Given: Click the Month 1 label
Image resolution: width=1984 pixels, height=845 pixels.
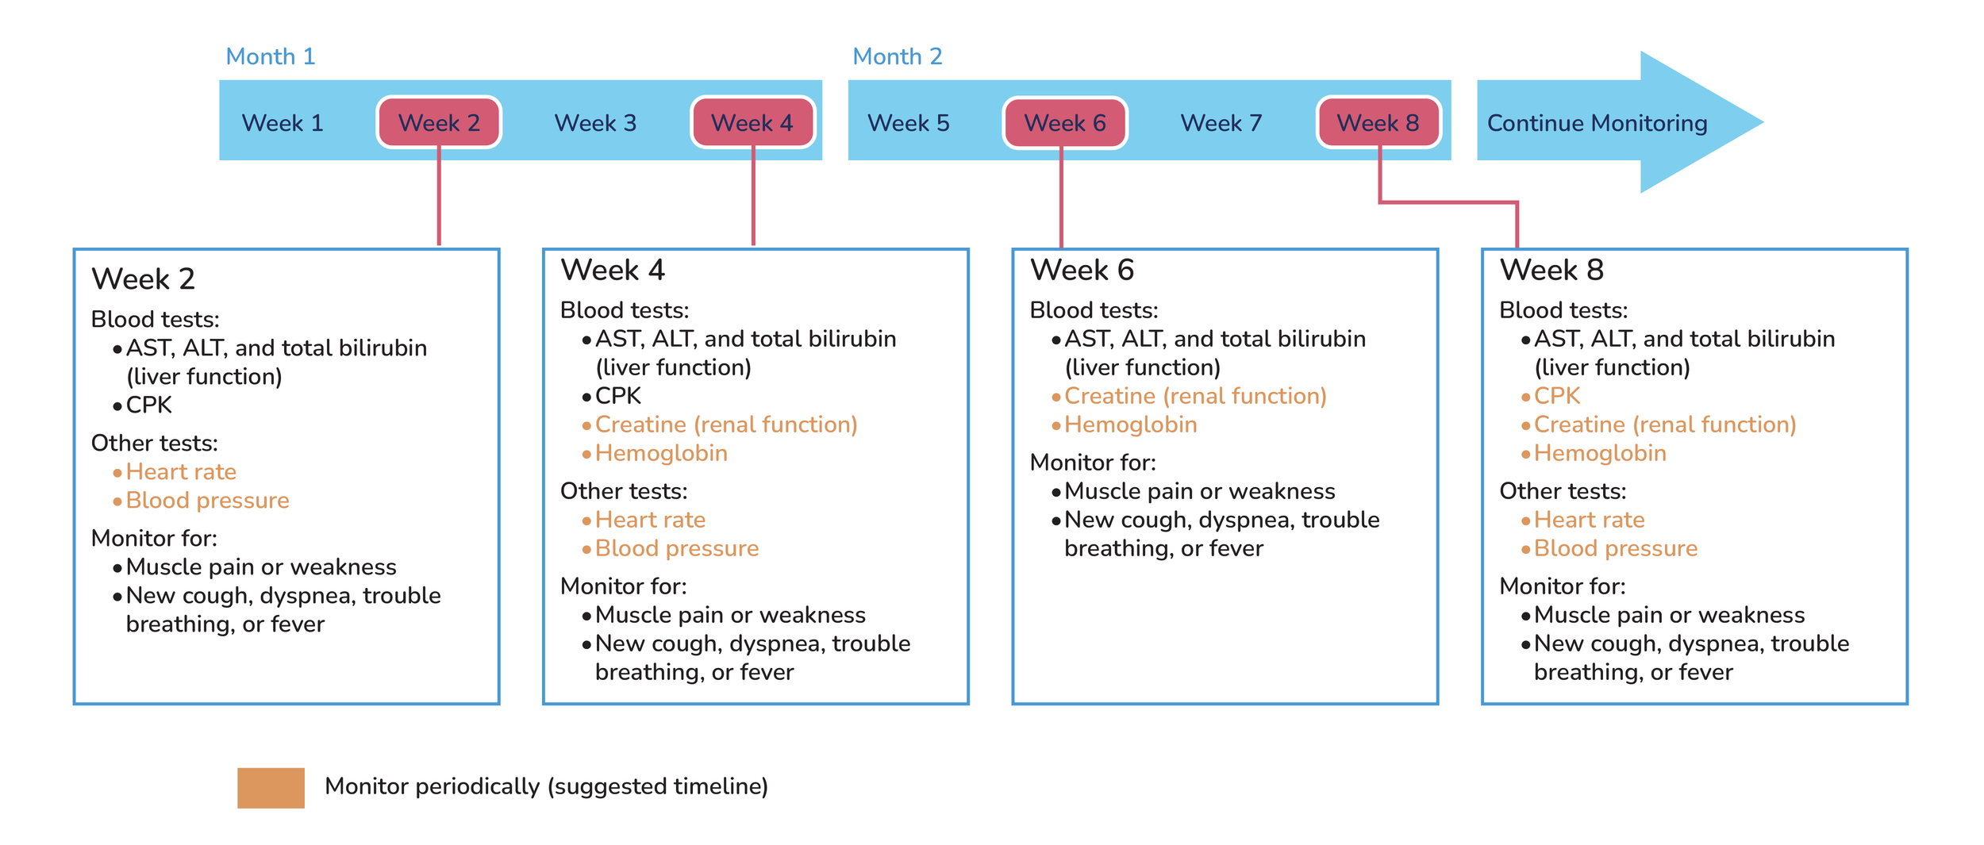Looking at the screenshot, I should point(271,56).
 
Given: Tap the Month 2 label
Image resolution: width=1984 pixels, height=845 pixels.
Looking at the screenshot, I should point(897,56).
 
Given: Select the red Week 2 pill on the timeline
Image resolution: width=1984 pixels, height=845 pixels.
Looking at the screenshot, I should point(439,123).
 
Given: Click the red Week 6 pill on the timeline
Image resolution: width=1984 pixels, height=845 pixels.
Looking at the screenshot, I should point(1064,123).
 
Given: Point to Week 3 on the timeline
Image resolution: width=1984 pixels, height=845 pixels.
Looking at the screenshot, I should point(595,123).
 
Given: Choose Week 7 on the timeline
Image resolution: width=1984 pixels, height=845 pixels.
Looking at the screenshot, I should point(1221,123).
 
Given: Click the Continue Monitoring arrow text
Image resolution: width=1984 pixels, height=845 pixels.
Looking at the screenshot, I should point(1597,123).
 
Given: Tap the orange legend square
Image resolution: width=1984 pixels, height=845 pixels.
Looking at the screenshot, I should point(271,787).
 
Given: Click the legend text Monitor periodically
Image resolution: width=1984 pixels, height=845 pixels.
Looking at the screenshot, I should point(546,786).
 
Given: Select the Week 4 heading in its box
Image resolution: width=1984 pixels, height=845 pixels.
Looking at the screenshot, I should point(612,271).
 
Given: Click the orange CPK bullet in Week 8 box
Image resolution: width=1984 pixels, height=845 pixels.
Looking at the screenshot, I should point(1556,396).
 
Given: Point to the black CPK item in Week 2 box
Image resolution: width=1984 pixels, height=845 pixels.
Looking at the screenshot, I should point(148,405).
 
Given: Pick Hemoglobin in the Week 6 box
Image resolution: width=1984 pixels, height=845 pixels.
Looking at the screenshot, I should point(1130,424).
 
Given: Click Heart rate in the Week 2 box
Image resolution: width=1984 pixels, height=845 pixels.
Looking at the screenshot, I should point(181,472).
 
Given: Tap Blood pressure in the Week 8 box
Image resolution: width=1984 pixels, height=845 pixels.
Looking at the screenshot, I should point(1615,548).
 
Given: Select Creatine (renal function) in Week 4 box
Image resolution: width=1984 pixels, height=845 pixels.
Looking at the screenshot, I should point(726,424).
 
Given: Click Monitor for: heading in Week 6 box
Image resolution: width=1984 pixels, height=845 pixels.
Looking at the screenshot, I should point(1092,463).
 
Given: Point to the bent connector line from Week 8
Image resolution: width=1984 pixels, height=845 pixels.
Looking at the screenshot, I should point(1448,202).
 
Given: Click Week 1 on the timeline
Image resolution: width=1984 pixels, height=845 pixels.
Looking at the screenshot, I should point(283,123).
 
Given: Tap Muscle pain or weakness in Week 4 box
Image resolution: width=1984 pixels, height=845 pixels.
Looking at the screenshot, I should point(730,615).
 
